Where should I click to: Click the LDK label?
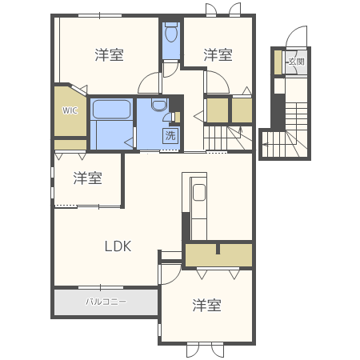pos(118,246)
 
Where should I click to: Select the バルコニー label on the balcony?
pos(104,302)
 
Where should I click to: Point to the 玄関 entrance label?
pos(297,62)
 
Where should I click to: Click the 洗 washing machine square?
pos(170,135)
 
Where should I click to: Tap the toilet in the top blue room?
pos(171,34)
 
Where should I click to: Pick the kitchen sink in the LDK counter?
pos(199,193)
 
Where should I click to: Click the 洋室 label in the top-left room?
pos(109,54)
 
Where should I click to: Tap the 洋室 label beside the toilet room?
pos(218,54)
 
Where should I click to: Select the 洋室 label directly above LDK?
pos(88,178)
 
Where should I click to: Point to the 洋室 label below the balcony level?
pos(206,305)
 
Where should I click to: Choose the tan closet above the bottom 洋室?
pos(218,255)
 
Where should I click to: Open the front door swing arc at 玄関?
pos(297,38)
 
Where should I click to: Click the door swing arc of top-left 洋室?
pos(149,82)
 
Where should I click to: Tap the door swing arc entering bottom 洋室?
pos(170,274)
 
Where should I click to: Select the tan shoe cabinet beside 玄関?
pos(278,62)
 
